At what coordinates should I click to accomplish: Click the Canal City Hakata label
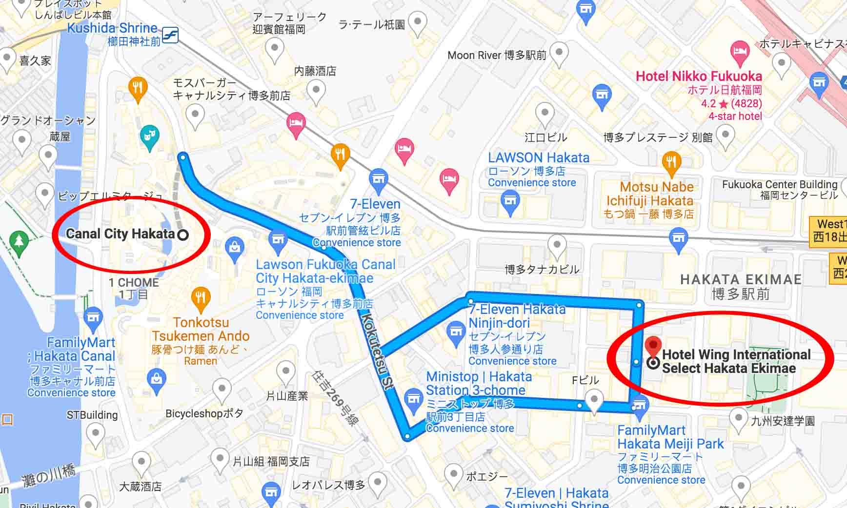point(120,234)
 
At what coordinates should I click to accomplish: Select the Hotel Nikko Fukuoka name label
point(699,77)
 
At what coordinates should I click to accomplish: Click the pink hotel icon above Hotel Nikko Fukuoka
point(740,52)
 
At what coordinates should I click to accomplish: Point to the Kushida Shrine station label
point(112,28)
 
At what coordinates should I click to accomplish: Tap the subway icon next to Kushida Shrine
point(170,35)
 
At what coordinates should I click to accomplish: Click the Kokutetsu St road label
point(376,351)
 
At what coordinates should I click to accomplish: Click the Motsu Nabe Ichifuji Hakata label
point(649,194)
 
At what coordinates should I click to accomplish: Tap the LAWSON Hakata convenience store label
point(539,158)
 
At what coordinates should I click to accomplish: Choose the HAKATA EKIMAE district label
point(741,280)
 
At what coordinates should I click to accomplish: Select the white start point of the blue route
point(183,157)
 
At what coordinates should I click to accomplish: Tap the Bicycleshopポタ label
point(204,414)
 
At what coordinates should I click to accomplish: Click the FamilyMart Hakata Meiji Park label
point(670,437)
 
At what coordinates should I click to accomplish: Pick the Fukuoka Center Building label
point(780,185)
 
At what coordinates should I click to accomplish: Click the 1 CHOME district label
point(133,283)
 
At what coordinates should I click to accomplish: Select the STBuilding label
point(92,415)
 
